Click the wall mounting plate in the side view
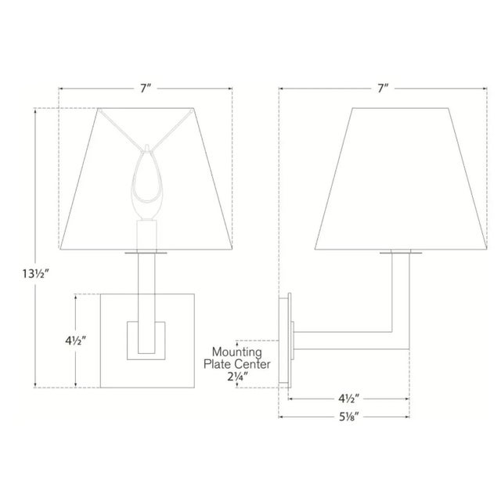[286, 340]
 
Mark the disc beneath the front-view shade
[146, 253]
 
